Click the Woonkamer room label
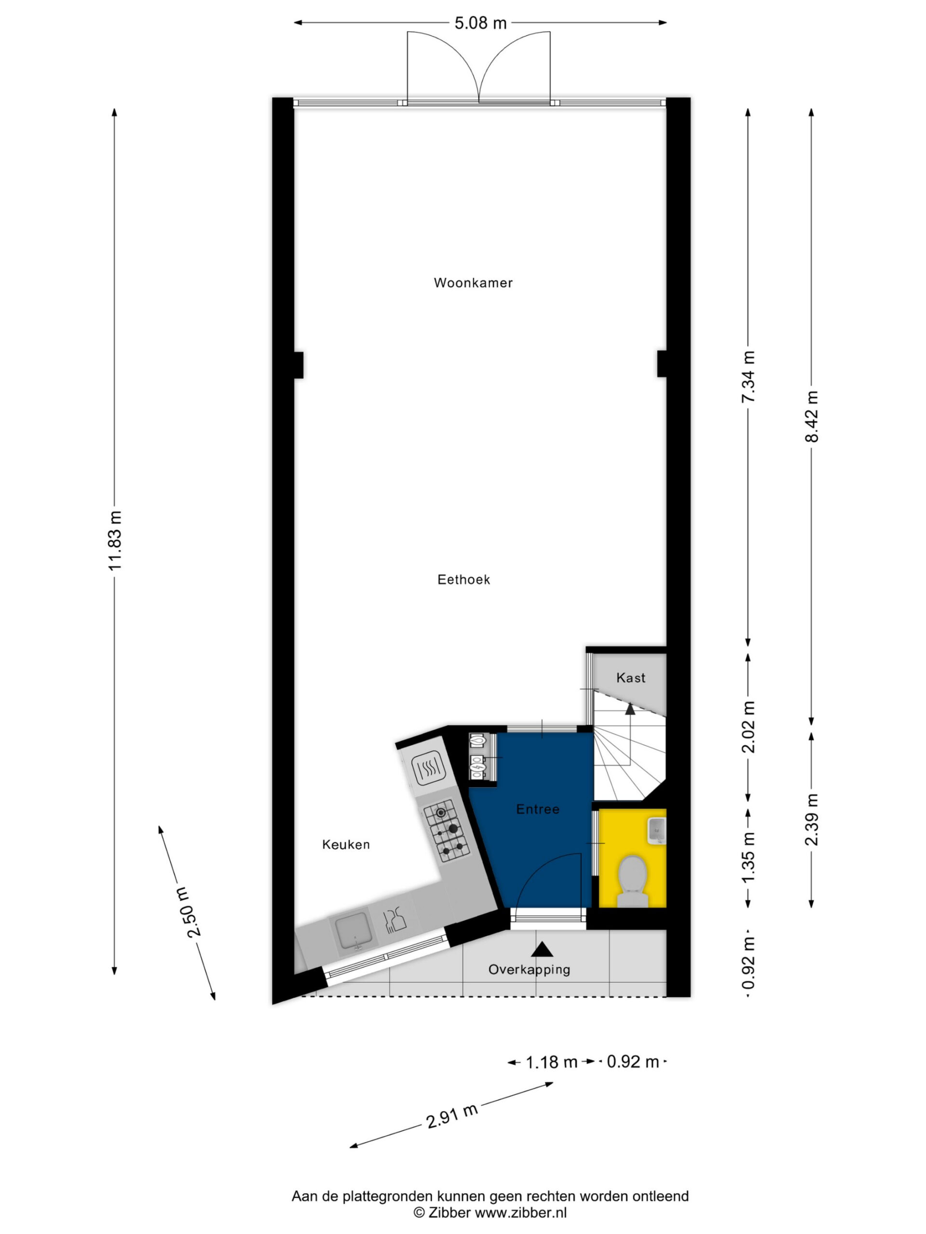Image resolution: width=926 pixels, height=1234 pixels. coord(473,283)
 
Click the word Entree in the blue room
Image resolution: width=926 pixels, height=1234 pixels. coord(538,809)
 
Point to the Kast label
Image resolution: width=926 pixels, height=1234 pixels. coord(631,678)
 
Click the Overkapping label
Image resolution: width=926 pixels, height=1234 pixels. coord(529,969)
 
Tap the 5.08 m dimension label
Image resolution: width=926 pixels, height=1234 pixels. coord(480,23)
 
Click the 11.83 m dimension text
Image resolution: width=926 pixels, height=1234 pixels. coord(115,539)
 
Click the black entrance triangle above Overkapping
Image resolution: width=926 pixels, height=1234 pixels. coord(542,949)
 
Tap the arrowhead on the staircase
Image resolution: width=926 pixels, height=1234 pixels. coord(630,709)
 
